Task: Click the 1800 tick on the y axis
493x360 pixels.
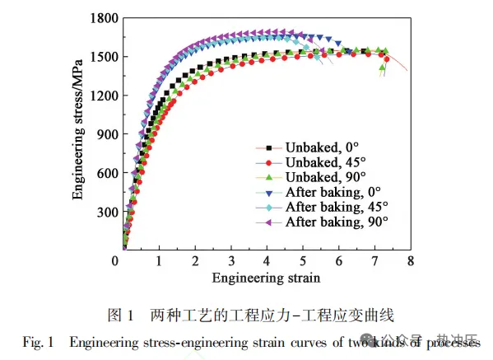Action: click(x=100, y=18)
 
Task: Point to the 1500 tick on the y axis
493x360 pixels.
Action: click(x=100, y=56)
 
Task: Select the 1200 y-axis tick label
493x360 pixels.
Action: click(x=100, y=95)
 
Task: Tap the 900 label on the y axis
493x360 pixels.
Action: click(x=104, y=133)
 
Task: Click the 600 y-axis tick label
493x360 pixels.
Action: click(x=104, y=172)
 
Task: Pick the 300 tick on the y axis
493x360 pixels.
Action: click(x=104, y=212)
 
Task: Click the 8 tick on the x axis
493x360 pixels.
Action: click(x=409, y=261)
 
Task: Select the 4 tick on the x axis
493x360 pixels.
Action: click(x=266, y=261)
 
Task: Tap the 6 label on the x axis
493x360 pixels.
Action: click(x=337, y=261)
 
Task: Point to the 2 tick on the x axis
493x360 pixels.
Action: click(x=194, y=261)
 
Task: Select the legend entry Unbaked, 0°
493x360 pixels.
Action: click(x=319, y=147)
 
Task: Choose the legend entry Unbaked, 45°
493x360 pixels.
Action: click(x=323, y=162)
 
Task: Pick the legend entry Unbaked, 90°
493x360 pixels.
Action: click(x=323, y=177)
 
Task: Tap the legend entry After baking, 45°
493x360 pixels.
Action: click(x=336, y=207)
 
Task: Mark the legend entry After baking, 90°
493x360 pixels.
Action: click(x=336, y=222)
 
